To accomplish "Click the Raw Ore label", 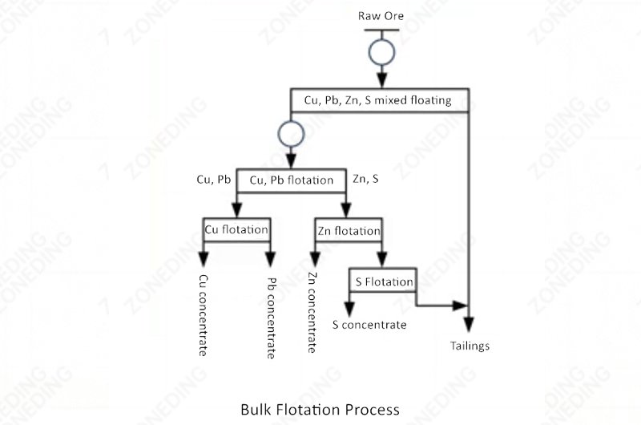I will click(x=381, y=16).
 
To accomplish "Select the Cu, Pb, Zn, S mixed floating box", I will click(x=378, y=101).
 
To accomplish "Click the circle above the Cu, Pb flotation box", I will click(x=289, y=132).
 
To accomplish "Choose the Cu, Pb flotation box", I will click(x=292, y=180).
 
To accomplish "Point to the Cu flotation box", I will click(x=236, y=230).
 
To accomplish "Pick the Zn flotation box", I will click(x=349, y=231).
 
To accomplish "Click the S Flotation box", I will click(x=385, y=281).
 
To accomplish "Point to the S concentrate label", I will click(x=369, y=325).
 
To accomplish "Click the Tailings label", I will click(x=469, y=346).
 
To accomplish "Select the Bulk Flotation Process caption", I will click(x=320, y=410).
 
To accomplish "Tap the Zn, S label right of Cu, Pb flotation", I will click(x=366, y=180).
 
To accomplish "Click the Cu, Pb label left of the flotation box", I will click(x=214, y=180).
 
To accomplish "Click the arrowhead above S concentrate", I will click(x=348, y=307).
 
